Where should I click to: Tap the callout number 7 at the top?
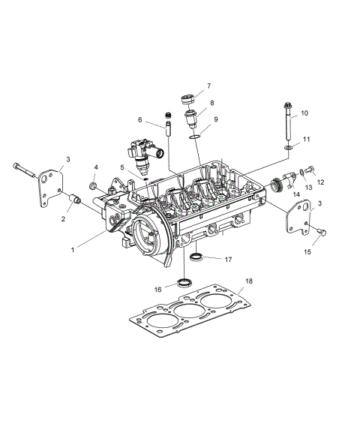(x=208, y=86)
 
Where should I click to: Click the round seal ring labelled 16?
(x=182, y=282)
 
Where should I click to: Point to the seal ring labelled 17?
(x=197, y=259)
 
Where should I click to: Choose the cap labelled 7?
(x=188, y=98)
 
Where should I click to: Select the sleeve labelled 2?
(x=74, y=200)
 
